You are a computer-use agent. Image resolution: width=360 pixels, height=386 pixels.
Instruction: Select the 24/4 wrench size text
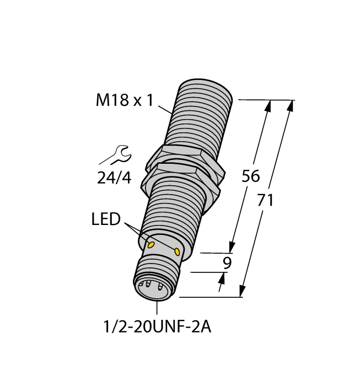tap(113, 178)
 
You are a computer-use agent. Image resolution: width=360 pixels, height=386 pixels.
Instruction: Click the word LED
tap(106, 219)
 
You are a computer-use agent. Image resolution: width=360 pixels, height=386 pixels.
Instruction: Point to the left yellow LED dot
tap(151, 243)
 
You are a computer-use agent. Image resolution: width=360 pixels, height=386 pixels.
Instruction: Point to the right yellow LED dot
tap(177, 251)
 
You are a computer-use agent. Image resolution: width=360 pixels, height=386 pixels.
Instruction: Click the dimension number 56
tap(251, 176)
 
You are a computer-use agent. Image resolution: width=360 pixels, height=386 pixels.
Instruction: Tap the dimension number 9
tap(226, 263)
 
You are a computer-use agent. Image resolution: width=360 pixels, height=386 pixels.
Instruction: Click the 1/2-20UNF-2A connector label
tap(157, 327)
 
